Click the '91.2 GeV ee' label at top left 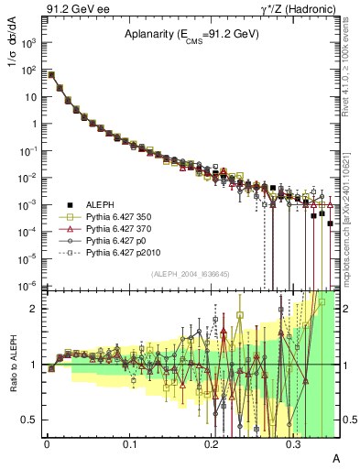78,10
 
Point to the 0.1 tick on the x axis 129,443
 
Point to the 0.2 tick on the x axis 212,443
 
